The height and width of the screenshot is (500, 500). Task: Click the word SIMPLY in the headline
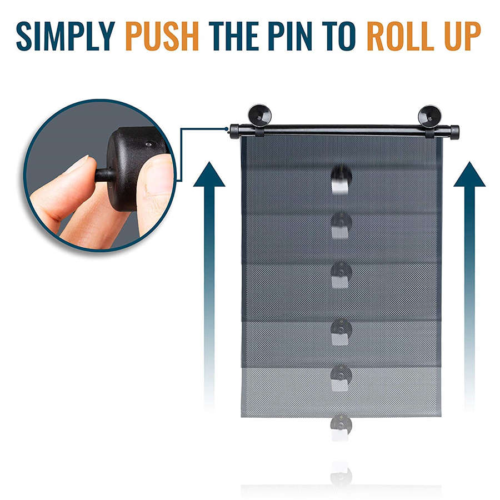[x=66, y=36]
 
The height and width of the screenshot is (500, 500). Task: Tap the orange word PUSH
[x=162, y=36]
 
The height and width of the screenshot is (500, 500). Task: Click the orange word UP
[x=463, y=36]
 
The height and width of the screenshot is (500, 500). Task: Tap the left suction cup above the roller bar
[x=260, y=115]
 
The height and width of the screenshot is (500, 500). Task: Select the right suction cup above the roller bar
[x=429, y=116]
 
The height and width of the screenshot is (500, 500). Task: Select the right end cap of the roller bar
[x=454, y=132]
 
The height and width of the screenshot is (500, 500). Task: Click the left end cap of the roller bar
[x=234, y=131]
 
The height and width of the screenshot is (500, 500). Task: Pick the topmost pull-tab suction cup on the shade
[x=341, y=179]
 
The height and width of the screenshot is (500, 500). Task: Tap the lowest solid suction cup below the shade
[x=341, y=427]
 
